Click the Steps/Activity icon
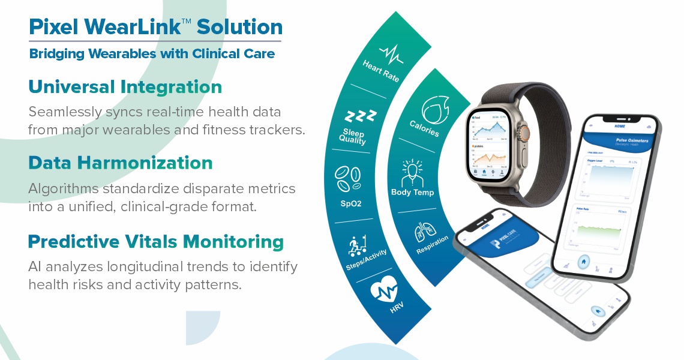coord(358,246)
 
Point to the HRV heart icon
coord(383,293)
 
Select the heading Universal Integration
coord(125,87)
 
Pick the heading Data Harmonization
coord(121,163)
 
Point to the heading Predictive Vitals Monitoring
coord(156,242)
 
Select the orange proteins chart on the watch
coord(491,157)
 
